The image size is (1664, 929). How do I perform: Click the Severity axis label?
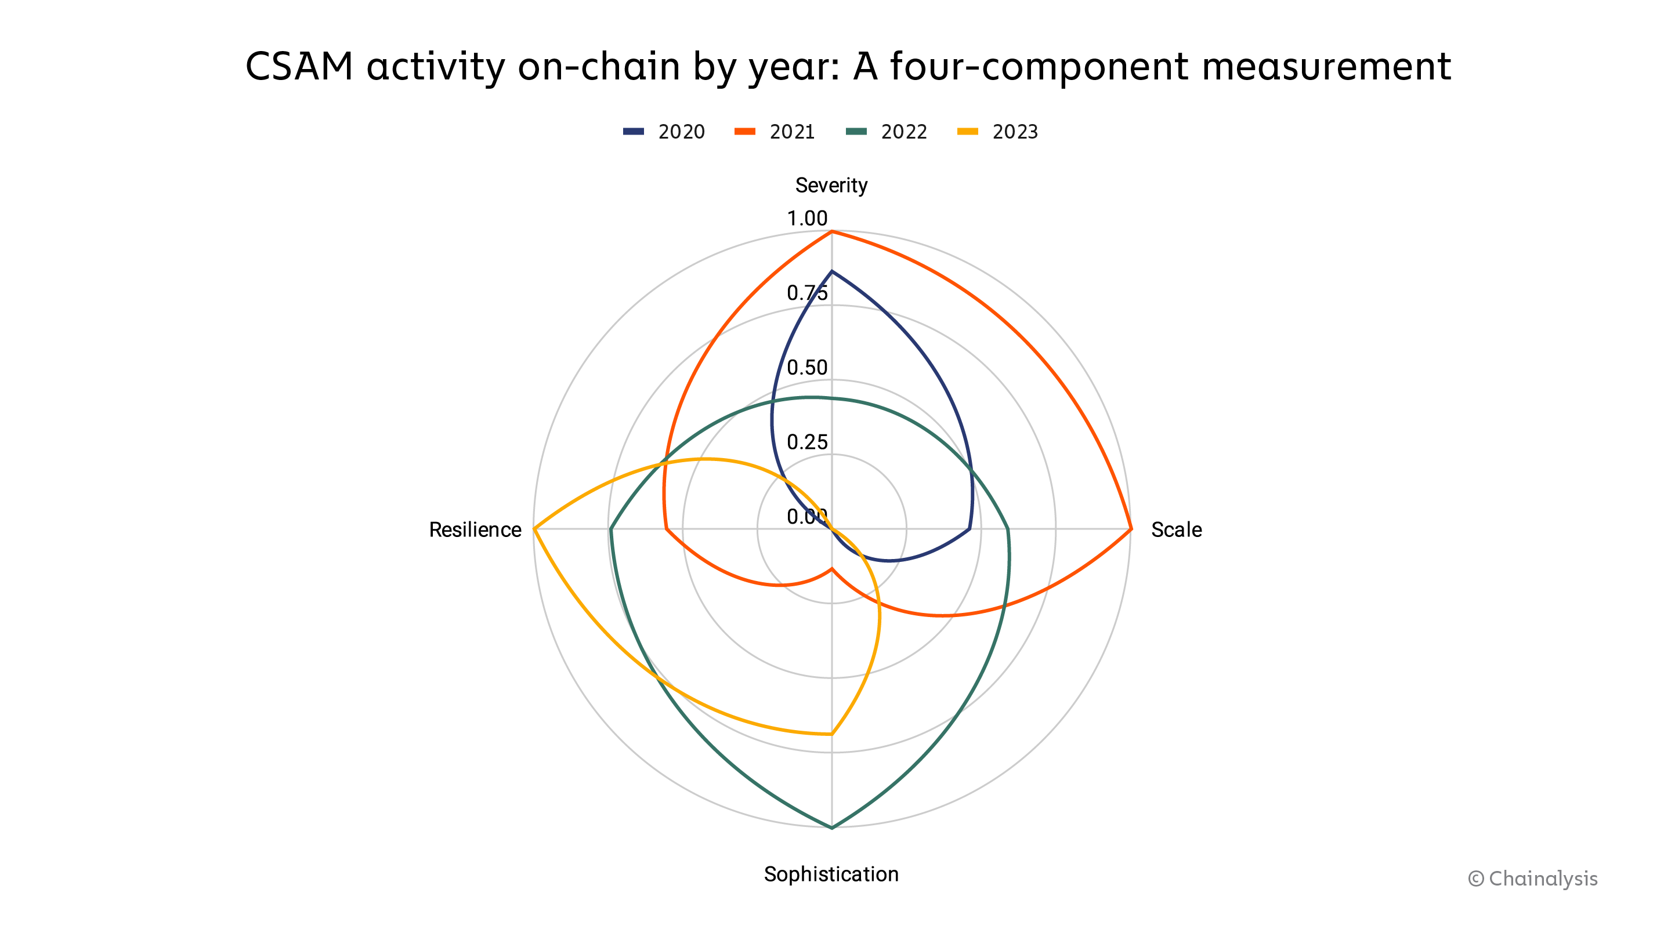[831, 186]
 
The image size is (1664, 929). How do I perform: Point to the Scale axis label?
[1176, 529]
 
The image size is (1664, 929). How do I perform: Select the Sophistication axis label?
[831, 873]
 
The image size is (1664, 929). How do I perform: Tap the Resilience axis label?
[475, 529]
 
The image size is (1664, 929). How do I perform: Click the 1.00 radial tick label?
[807, 218]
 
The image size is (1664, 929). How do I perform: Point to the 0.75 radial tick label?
[807, 293]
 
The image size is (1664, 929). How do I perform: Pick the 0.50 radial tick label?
[807, 367]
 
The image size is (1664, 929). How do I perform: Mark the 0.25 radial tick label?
[807, 442]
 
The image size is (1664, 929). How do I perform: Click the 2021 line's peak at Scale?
[1131, 529]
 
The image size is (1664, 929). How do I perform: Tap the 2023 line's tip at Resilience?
[534, 529]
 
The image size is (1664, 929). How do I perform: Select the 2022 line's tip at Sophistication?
[832, 828]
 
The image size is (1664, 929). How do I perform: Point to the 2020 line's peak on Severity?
[832, 271]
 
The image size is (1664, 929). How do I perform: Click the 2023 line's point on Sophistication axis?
[832, 734]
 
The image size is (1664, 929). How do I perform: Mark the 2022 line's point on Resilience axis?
[610, 529]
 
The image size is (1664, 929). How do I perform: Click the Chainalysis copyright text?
[1532, 879]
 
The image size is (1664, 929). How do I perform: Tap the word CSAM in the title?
[299, 66]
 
